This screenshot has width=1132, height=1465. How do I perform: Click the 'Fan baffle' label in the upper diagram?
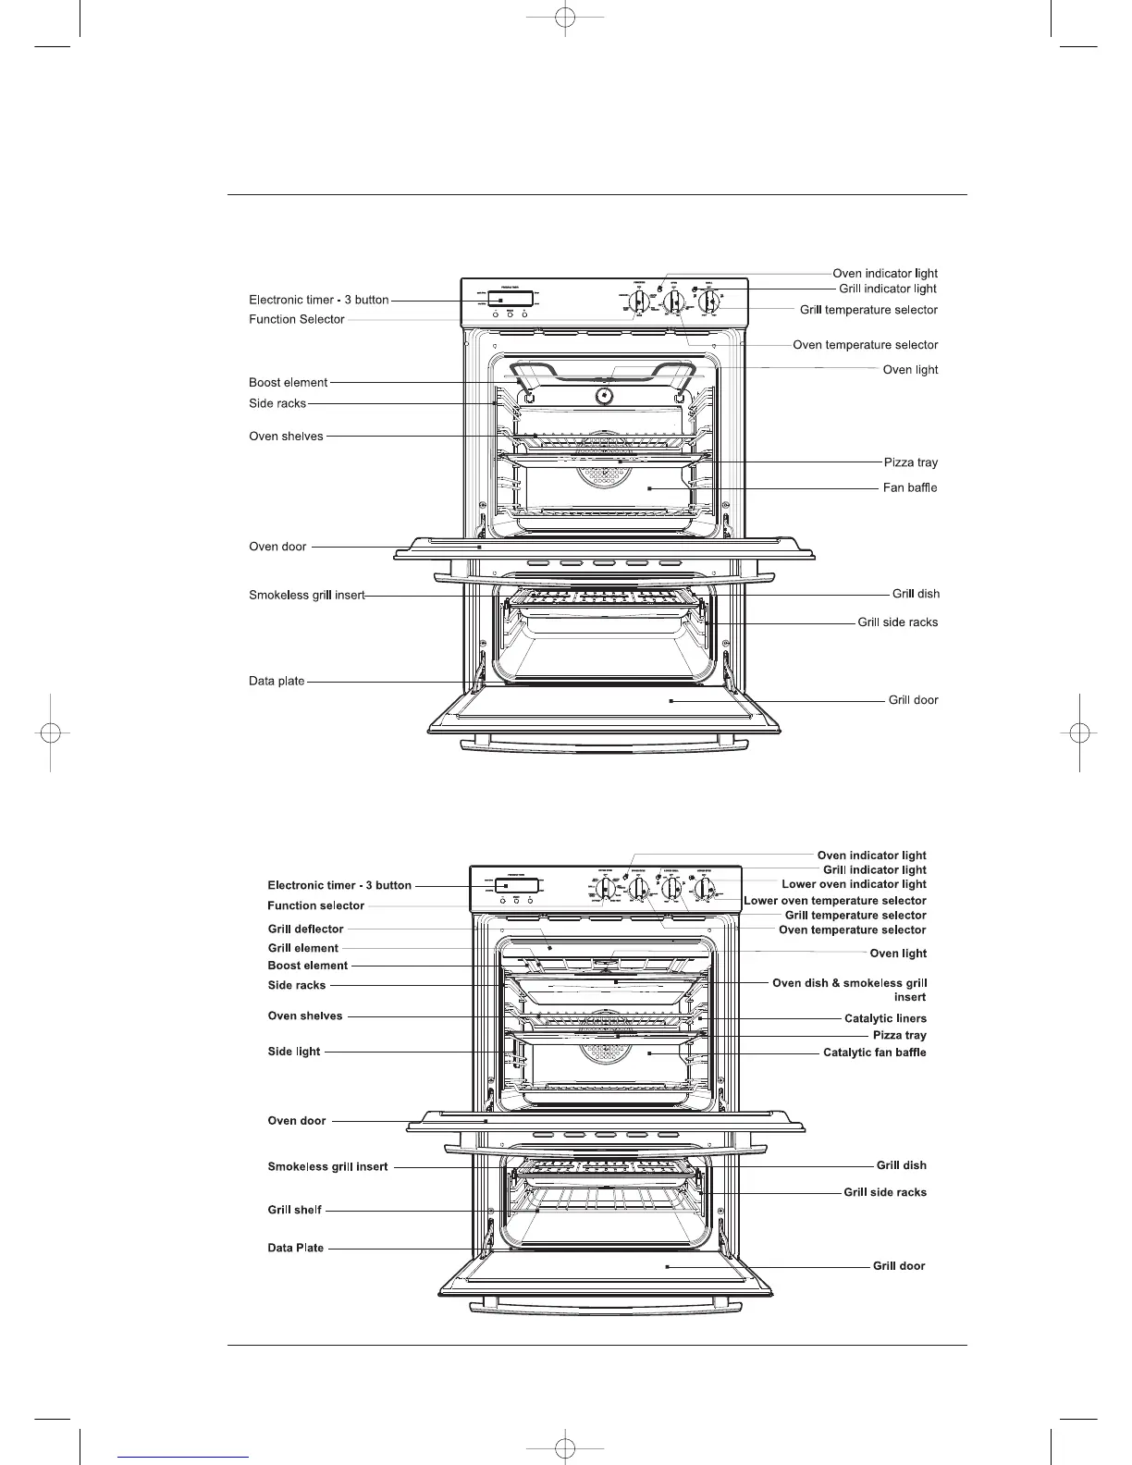point(910,487)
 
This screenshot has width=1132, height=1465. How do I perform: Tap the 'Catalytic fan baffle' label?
point(874,1053)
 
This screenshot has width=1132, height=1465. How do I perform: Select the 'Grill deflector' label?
point(305,929)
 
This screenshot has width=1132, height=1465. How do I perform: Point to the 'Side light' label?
point(294,1052)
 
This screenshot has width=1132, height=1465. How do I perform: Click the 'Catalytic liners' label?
point(885,1018)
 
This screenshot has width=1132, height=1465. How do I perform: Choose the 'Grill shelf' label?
point(294,1210)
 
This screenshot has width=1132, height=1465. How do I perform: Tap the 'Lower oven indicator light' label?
point(854,884)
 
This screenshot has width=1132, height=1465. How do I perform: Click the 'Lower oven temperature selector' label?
point(835,900)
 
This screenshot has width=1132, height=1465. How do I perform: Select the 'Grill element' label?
point(303,948)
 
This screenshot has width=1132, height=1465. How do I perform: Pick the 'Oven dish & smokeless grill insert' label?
point(849,983)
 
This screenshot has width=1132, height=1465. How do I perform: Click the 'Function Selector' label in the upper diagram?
point(296,319)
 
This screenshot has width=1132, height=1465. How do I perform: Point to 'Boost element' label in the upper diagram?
point(288,382)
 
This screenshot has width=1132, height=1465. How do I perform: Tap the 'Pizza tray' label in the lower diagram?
point(899,1035)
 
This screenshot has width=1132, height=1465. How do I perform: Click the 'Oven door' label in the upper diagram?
point(277,547)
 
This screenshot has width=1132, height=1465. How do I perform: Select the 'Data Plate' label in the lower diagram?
point(296,1248)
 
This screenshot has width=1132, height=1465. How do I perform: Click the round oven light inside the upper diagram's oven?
point(603,396)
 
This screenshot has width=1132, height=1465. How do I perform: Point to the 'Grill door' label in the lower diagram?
point(899,1265)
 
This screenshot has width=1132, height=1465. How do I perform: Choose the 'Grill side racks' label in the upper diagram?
point(897,622)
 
